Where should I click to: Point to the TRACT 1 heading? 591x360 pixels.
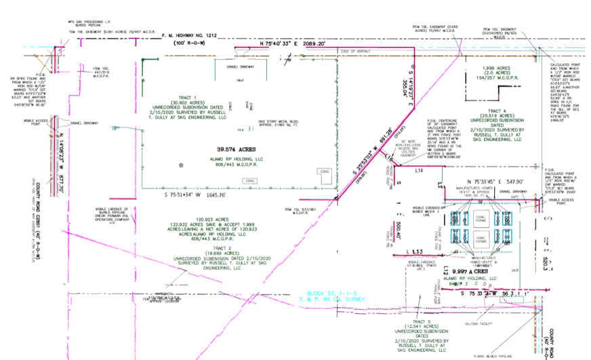pos(184,97)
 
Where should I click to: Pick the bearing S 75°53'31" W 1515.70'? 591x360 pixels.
pos(195,194)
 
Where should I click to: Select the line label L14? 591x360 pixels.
pos(420,169)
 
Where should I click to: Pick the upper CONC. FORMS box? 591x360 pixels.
pos(483,217)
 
